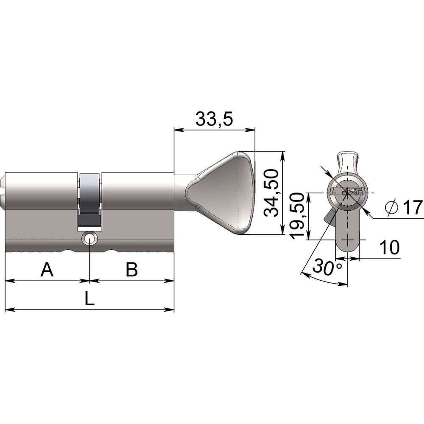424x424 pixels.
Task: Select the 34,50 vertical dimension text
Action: click(271, 193)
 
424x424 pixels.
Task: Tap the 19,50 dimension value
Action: click(297, 216)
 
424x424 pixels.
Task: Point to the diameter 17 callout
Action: click(404, 207)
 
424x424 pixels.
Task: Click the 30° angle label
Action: click(327, 267)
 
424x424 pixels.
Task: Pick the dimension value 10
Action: click(390, 247)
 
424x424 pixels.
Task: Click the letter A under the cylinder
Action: click(47, 269)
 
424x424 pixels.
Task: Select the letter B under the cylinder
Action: click(132, 269)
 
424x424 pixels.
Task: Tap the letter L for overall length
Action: click(89, 299)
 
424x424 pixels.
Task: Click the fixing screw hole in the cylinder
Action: click(89, 239)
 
